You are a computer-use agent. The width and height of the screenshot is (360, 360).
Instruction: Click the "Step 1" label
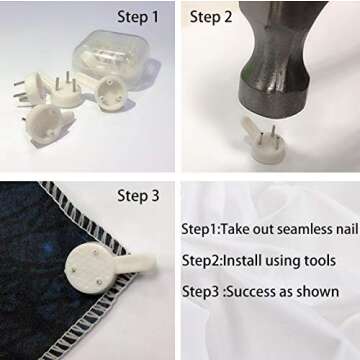(138, 17)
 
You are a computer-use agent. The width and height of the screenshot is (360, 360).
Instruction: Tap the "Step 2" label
(211, 17)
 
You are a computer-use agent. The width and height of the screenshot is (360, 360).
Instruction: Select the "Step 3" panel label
(138, 196)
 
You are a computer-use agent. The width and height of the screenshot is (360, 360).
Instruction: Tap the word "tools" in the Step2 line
(318, 260)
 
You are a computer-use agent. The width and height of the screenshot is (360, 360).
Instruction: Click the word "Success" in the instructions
(252, 292)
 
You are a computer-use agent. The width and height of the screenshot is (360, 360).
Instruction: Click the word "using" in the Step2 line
(280, 261)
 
